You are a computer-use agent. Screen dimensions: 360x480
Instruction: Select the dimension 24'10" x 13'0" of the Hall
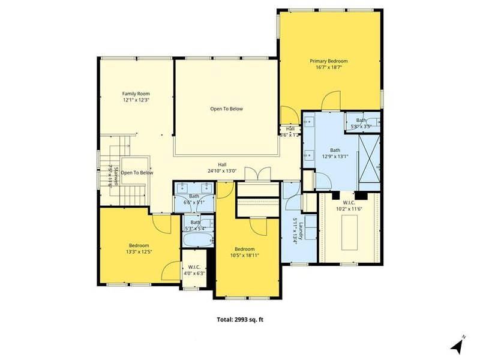(x=222, y=170)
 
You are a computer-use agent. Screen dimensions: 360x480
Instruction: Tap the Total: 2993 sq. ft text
(x=240, y=319)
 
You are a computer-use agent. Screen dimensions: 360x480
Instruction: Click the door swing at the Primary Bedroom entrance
(x=331, y=101)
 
